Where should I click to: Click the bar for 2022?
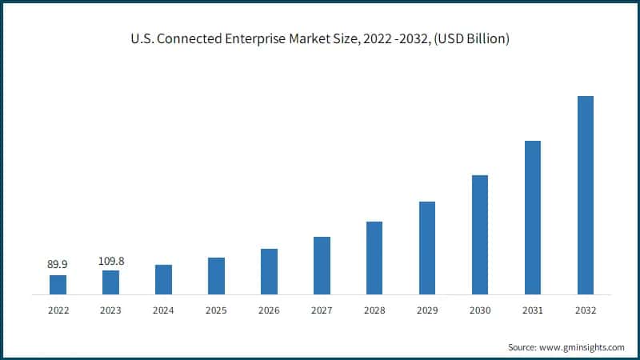pos(58,285)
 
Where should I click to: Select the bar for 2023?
pos(110,282)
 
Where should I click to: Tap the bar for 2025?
pos(216,276)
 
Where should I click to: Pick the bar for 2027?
pos(322,266)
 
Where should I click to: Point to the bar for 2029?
pos(427,248)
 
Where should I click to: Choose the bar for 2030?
pos(480,234)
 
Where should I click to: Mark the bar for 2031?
pos(533,218)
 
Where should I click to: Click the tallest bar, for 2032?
pos(586,195)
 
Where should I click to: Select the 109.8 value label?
pos(110,261)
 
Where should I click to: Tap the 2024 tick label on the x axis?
pos(163,310)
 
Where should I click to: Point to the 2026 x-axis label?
pos(269,310)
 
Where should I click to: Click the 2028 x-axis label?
pos(374,310)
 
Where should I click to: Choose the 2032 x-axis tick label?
pos(586,310)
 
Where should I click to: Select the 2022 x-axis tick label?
pos(58,310)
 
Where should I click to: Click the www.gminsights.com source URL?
pos(582,347)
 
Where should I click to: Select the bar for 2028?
pos(374,258)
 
